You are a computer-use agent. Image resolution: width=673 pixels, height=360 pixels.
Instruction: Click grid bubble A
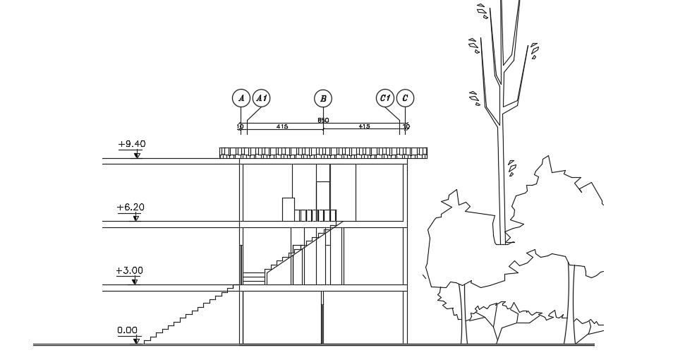pyautogui.click(x=241, y=98)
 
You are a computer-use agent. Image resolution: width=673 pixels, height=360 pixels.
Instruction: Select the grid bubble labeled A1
pyautogui.click(x=261, y=98)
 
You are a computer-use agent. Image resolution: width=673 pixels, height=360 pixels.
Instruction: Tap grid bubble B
pyautogui.click(x=323, y=98)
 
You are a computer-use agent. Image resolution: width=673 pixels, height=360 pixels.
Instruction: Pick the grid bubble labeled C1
pyautogui.click(x=384, y=98)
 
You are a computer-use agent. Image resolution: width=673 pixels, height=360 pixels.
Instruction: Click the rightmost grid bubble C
pyautogui.click(x=405, y=98)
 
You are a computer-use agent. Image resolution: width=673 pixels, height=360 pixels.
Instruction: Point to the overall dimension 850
pyautogui.click(x=323, y=121)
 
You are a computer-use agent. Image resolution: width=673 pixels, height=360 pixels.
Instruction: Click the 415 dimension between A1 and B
pyautogui.click(x=282, y=126)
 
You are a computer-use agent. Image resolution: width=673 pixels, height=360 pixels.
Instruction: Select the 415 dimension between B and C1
pyautogui.click(x=364, y=126)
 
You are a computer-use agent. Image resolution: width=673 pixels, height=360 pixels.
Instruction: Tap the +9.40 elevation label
pyautogui.click(x=132, y=144)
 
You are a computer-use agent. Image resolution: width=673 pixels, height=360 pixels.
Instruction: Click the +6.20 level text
pyautogui.click(x=131, y=208)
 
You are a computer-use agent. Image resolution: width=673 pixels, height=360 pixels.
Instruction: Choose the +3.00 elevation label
pyautogui.click(x=131, y=270)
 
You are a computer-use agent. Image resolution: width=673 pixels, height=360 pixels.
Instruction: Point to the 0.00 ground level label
pyautogui.click(x=128, y=330)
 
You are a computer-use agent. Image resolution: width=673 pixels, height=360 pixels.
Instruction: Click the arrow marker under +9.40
pyautogui.click(x=137, y=155)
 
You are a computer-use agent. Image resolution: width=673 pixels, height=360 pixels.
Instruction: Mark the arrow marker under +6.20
pyautogui.click(x=136, y=217)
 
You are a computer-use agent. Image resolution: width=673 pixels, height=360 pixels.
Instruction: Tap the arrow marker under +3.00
pyautogui.click(x=136, y=281)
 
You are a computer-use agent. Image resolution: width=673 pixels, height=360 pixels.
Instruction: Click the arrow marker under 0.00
pyautogui.click(x=136, y=341)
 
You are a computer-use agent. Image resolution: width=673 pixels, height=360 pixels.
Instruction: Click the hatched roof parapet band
pyautogui.click(x=323, y=152)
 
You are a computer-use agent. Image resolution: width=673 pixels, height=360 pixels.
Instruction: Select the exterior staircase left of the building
pyautogui.click(x=190, y=314)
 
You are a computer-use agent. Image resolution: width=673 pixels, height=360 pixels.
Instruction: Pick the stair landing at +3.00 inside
pyautogui.click(x=253, y=277)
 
